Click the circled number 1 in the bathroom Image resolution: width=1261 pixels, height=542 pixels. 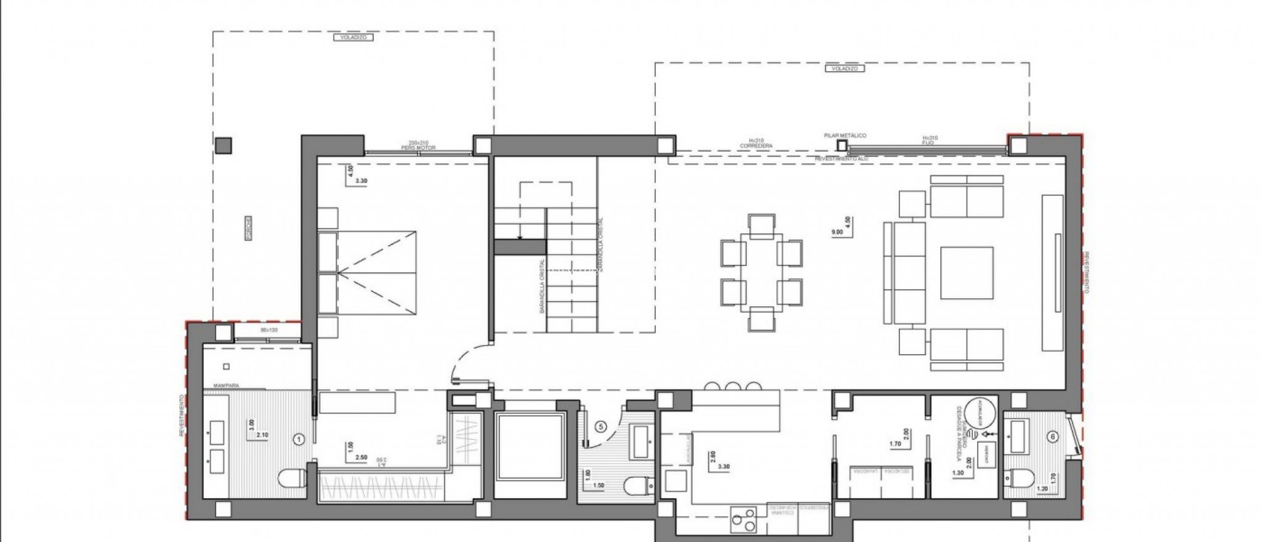click(299, 439)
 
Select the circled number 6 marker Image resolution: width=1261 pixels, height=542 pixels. click(1053, 437)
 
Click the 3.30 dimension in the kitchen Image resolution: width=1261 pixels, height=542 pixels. click(723, 466)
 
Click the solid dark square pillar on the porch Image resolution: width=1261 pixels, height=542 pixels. click(223, 145)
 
